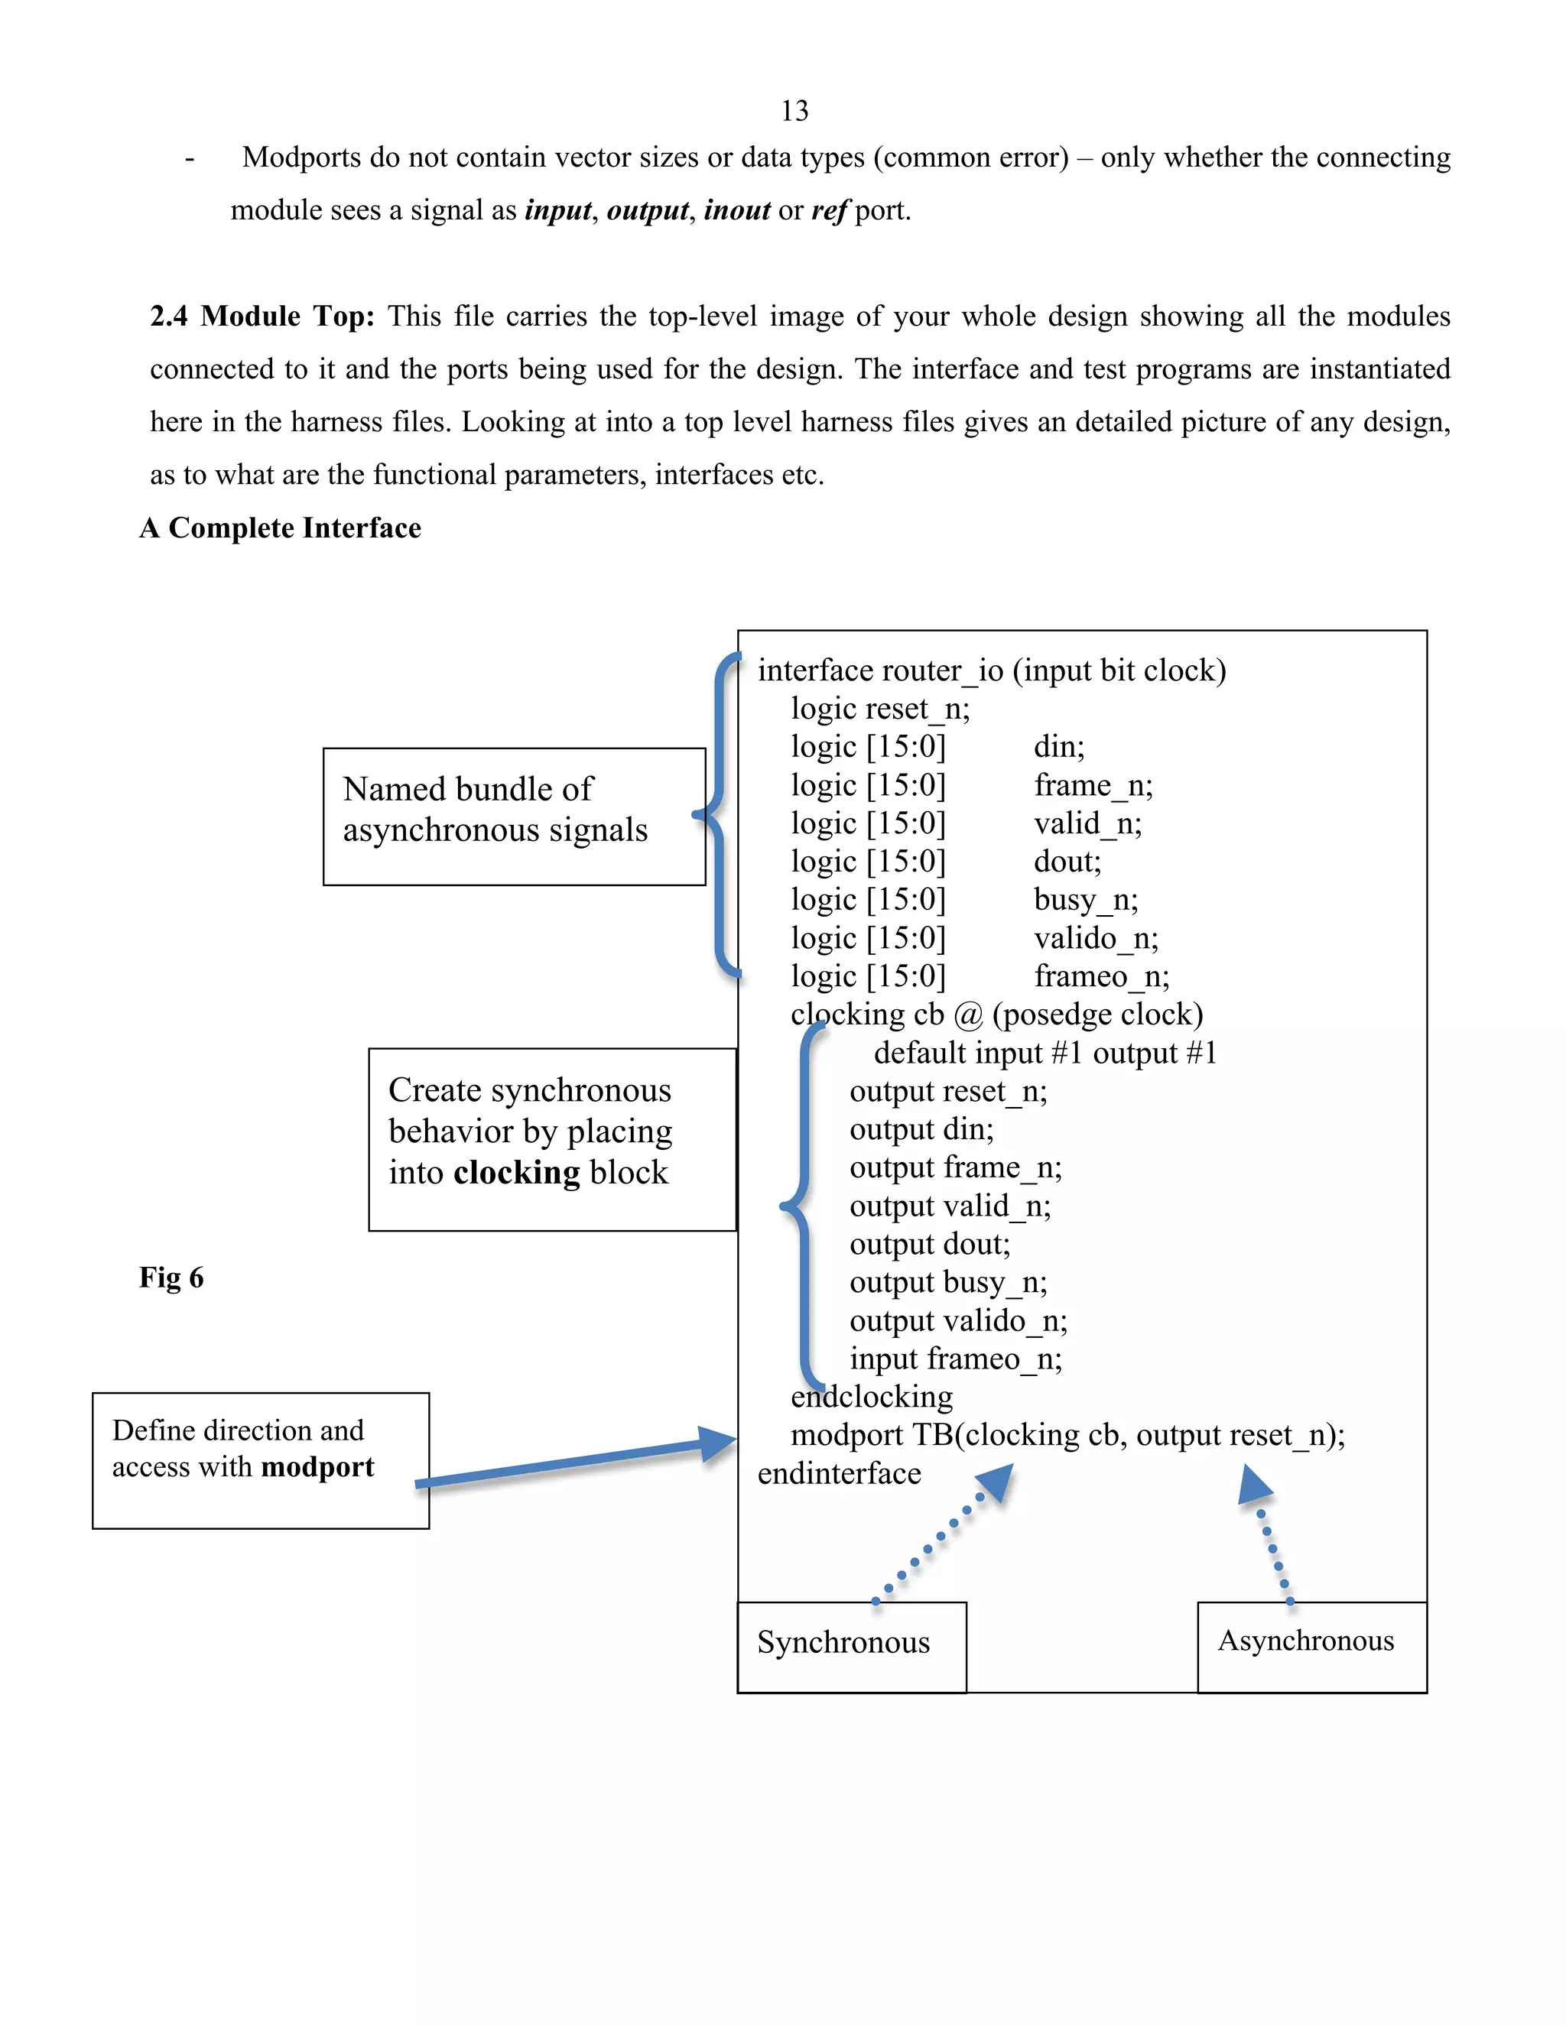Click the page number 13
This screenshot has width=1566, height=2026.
click(794, 112)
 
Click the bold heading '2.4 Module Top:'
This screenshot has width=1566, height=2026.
click(262, 317)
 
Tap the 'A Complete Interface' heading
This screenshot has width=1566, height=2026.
click(280, 528)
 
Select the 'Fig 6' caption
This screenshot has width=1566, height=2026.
click(171, 1278)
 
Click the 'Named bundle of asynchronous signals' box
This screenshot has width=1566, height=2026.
click(514, 816)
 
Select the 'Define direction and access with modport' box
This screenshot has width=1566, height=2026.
click(260, 1460)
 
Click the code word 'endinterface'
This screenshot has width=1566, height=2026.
click(839, 1474)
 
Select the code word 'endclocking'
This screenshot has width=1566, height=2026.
click(871, 1397)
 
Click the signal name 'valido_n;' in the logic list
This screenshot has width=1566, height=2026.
click(1096, 939)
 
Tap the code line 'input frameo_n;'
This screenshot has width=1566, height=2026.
click(956, 1359)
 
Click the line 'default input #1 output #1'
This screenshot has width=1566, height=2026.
click(1045, 1054)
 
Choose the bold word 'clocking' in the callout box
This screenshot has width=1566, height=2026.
click(517, 1174)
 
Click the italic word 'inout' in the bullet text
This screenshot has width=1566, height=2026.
click(736, 210)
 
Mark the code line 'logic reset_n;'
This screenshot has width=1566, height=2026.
click(879, 709)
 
